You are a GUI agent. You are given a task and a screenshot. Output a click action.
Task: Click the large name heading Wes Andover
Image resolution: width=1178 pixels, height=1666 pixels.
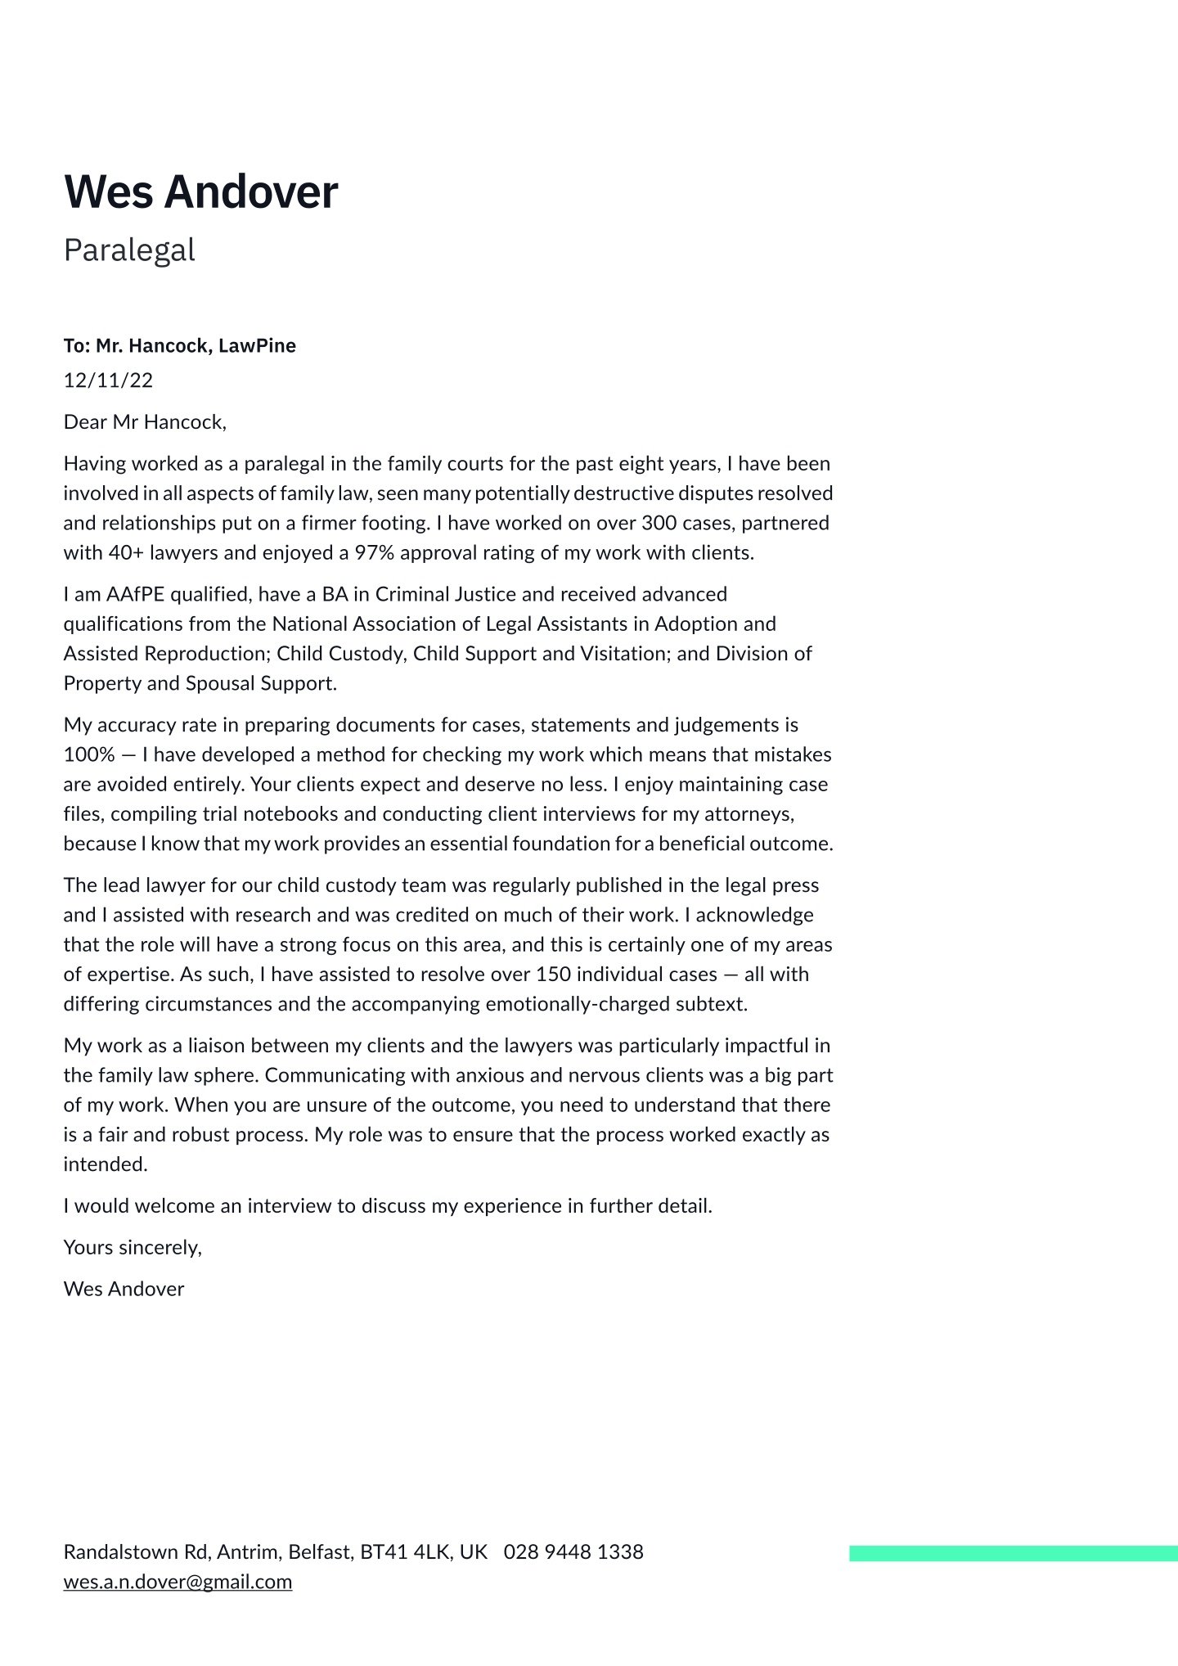click(x=200, y=192)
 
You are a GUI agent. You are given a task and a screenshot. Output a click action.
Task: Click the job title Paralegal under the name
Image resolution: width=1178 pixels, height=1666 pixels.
click(x=129, y=250)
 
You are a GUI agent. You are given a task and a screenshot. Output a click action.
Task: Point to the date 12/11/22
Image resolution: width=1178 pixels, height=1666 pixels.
click(x=108, y=380)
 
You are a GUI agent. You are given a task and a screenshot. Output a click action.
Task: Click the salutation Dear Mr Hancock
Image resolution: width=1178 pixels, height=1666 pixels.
click(x=144, y=422)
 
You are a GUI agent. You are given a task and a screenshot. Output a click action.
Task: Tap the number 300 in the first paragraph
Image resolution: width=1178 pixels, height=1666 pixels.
click(x=659, y=523)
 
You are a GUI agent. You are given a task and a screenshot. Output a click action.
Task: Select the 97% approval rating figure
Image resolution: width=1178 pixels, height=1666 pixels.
click(x=374, y=553)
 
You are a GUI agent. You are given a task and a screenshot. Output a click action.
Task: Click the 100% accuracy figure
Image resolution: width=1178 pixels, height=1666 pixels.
click(x=89, y=754)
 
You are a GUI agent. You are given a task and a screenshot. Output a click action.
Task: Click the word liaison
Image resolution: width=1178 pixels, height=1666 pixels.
click(x=216, y=1046)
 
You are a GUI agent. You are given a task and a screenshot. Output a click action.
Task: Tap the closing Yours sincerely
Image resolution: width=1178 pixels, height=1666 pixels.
click(x=132, y=1247)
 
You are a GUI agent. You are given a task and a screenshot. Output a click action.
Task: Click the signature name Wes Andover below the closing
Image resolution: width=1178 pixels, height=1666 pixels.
click(x=124, y=1289)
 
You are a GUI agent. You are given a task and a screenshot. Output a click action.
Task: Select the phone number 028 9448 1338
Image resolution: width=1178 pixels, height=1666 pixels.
click(x=573, y=1551)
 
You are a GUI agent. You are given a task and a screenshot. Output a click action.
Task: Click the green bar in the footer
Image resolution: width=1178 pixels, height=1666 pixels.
click(x=1013, y=1552)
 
